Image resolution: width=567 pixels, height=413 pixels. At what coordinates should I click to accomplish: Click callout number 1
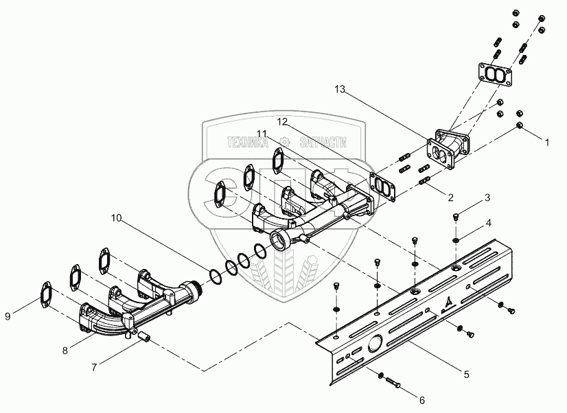[x=546, y=143]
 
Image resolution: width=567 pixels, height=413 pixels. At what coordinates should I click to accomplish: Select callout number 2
[x=450, y=198]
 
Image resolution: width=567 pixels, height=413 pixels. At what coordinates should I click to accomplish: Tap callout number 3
[x=487, y=198]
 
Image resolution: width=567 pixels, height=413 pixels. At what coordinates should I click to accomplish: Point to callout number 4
[x=488, y=223]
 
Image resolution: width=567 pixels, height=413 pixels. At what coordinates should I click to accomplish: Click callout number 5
[x=467, y=375]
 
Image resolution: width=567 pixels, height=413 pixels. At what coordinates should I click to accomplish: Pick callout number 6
[x=421, y=400]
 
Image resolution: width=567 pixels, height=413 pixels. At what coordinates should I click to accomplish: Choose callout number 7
[x=94, y=368]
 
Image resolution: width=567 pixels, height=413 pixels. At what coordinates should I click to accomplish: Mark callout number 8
[x=65, y=351]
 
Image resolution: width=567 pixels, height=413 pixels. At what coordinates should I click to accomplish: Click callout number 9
[x=8, y=316]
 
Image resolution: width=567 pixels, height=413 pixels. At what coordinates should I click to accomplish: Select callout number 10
[x=117, y=218]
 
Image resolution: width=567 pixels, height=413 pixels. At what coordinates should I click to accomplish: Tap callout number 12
[x=282, y=121]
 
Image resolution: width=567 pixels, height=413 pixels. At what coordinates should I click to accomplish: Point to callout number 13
[x=340, y=89]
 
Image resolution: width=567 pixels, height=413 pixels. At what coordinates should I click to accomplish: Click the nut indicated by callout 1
[x=520, y=126]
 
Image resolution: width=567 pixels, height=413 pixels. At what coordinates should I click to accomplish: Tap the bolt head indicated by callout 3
[x=456, y=217]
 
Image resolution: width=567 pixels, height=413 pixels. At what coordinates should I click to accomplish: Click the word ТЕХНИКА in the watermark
[x=248, y=143]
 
